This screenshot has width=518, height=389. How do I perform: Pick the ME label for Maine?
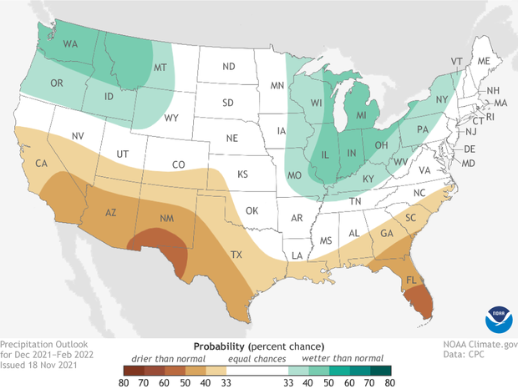(483, 61)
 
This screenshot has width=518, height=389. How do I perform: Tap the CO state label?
(179, 165)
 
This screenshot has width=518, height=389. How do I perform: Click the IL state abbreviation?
(324, 154)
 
